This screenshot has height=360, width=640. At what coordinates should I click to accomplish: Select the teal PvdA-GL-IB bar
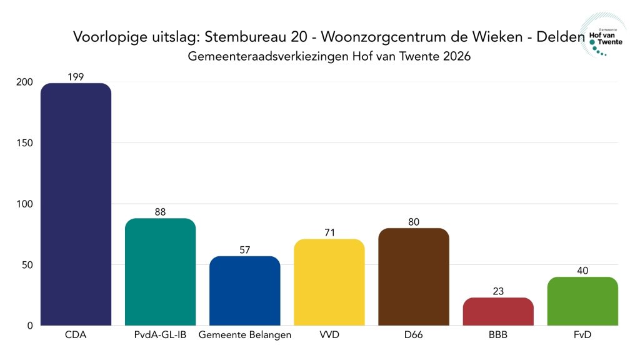[x=160, y=272]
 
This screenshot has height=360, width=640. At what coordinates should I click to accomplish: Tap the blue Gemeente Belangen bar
[x=244, y=291]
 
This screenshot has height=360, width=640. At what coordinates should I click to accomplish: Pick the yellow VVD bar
[x=329, y=282]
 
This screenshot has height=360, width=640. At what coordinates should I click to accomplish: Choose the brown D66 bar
[x=413, y=277]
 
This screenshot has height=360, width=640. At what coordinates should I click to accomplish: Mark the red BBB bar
[x=498, y=311]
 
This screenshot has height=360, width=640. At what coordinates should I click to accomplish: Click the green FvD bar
[x=582, y=301]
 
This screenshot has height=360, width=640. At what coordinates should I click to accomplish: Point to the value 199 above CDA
[x=76, y=77]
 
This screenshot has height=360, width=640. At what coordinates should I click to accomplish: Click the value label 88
[x=160, y=212]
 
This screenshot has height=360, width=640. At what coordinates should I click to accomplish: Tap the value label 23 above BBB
[x=498, y=291]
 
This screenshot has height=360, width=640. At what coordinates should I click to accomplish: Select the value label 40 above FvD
[x=582, y=271]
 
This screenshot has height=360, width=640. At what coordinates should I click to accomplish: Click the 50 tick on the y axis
[x=27, y=264]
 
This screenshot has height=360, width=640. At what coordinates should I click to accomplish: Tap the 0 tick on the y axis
[x=29, y=326]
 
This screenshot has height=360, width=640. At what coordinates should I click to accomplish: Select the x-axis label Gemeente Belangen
[x=244, y=336]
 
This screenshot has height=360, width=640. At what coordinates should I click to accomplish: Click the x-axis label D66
[x=413, y=336]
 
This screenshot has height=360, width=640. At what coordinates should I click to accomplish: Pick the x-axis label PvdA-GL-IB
[x=160, y=336]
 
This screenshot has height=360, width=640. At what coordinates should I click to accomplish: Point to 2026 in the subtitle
[x=456, y=56]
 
